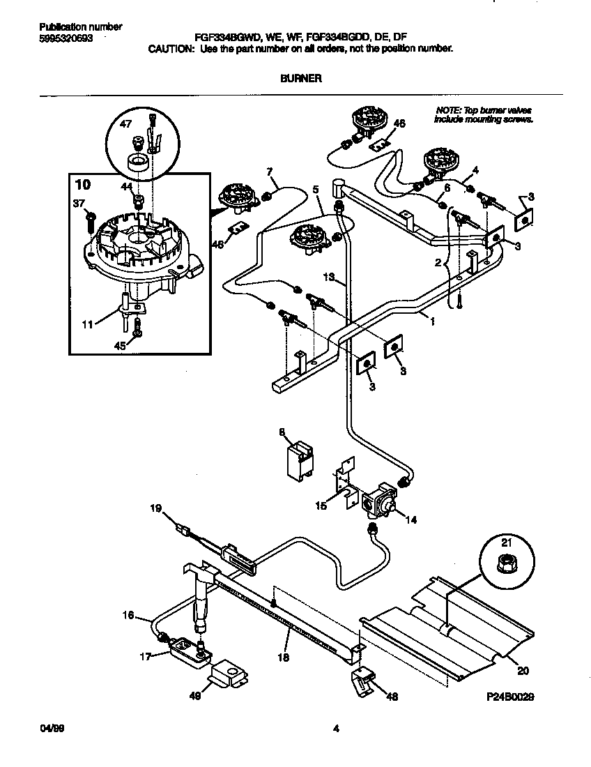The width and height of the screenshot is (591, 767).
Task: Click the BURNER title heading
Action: (x=300, y=79)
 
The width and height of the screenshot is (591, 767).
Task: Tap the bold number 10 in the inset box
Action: (x=82, y=185)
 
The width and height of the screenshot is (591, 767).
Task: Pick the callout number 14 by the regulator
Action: (x=410, y=519)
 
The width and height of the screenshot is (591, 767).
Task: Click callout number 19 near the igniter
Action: (x=156, y=509)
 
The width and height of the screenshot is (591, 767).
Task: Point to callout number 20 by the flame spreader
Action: (x=522, y=671)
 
